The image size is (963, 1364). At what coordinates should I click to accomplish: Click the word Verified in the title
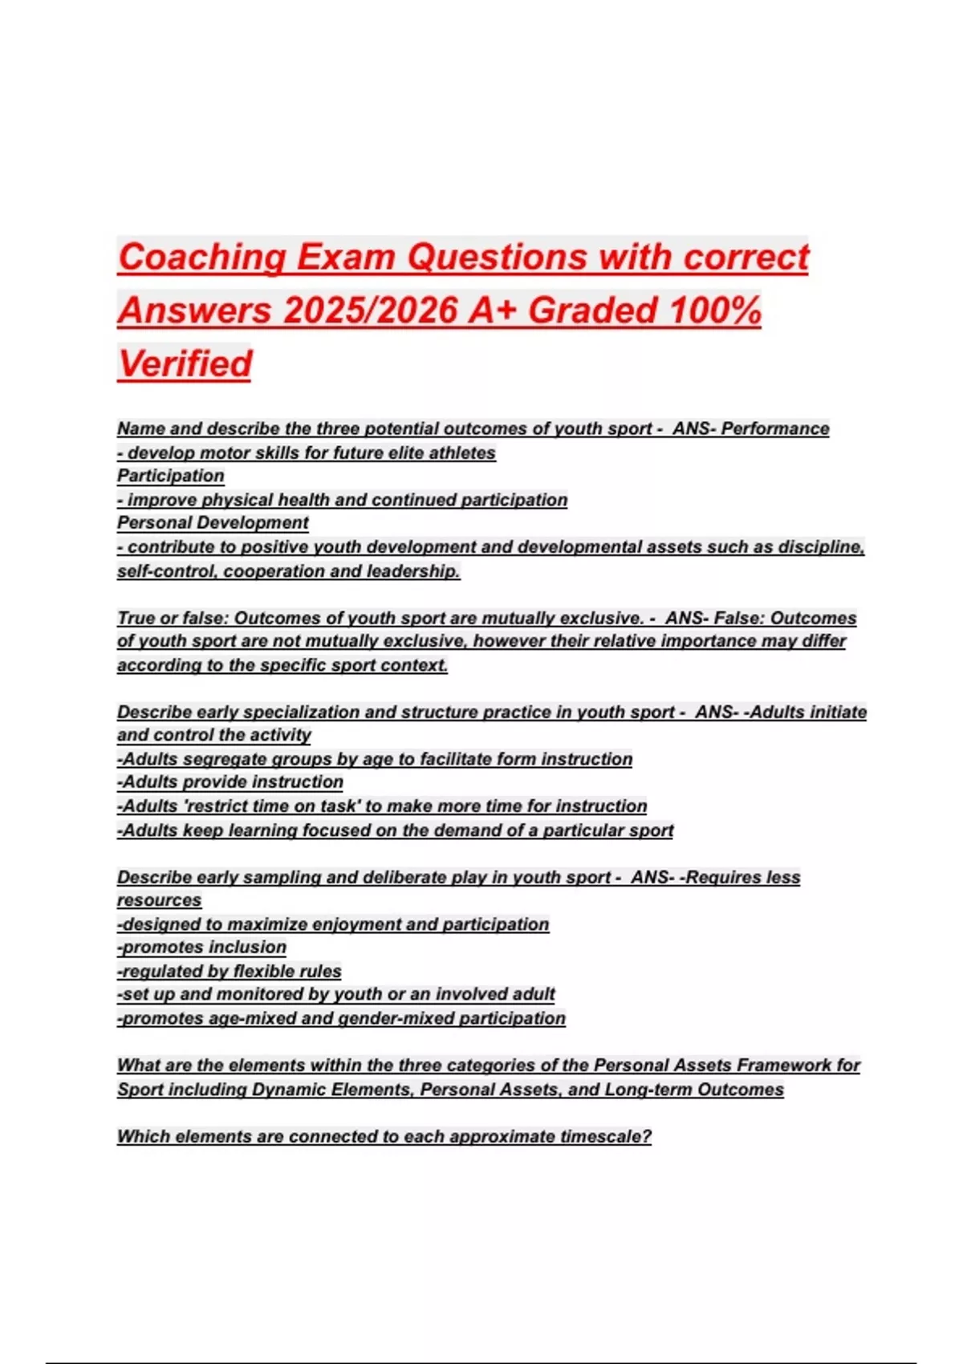coord(185,363)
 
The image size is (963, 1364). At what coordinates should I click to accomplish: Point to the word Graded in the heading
coord(592,311)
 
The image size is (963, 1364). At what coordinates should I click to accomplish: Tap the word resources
coord(159,900)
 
